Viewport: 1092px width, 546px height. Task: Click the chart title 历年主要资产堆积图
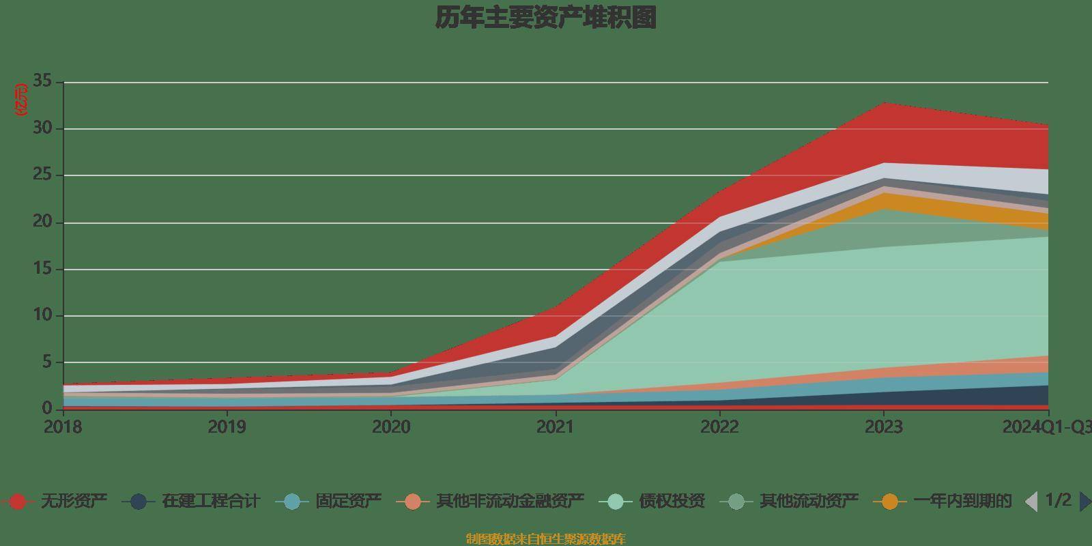pyautogui.click(x=545, y=18)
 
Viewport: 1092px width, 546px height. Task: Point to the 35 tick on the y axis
pyautogui.click(x=42, y=82)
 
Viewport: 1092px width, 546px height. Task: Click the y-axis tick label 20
pyautogui.click(x=42, y=222)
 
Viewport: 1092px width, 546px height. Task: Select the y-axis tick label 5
pyautogui.click(x=47, y=362)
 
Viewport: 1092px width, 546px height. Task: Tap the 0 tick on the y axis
pyautogui.click(x=47, y=408)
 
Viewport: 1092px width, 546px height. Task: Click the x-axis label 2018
pyautogui.click(x=63, y=427)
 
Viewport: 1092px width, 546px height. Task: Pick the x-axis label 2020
pyautogui.click(x=391, y=427)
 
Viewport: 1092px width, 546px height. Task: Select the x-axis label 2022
pyautogui.click(x=719, y=427)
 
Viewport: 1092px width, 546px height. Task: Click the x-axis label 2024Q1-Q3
pyautogui.click(x=1046, y=427)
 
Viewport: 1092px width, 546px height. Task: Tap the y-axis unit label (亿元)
pyautogui.click(x=21, y=100)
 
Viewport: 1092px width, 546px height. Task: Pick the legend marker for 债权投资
pyautogui.click(x=616, y=502)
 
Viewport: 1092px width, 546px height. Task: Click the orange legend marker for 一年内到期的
pyautogui.click(x=890, y=502)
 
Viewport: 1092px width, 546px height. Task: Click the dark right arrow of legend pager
pyautogui.click(x=1084, y=502)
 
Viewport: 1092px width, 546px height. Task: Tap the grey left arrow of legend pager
pyautogui.click(x=1031, y=502)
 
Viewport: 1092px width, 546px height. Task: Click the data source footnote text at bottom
pyautogui.click(x=545, y=539)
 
